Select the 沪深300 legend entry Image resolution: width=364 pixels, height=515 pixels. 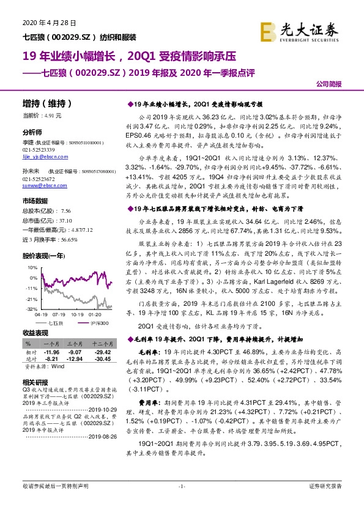click(x=101, y=323)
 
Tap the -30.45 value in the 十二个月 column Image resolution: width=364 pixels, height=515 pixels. click(x=102, y=359)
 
